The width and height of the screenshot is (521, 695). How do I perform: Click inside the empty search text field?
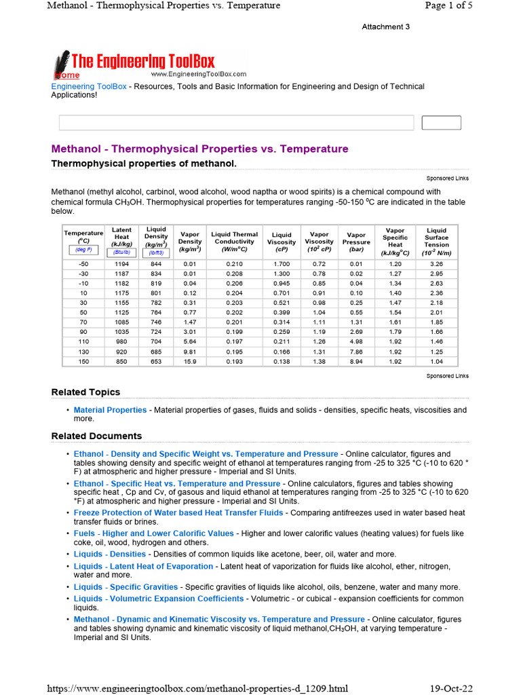236,123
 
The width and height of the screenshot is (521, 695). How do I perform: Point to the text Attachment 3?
385,27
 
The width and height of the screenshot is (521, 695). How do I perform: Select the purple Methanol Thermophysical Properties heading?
199,149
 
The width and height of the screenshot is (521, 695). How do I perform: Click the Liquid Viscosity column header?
282,239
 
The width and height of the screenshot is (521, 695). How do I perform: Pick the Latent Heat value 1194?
121,264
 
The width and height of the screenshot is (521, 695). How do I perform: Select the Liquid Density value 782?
156,302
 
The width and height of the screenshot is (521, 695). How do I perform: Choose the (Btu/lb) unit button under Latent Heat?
121,252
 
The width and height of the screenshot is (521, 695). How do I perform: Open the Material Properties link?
110,411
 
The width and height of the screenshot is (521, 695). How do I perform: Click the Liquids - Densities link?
110,555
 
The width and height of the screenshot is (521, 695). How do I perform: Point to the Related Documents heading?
96,436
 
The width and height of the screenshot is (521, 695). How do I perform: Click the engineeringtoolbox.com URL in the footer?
197,688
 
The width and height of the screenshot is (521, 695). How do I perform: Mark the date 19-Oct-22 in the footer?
451,688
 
